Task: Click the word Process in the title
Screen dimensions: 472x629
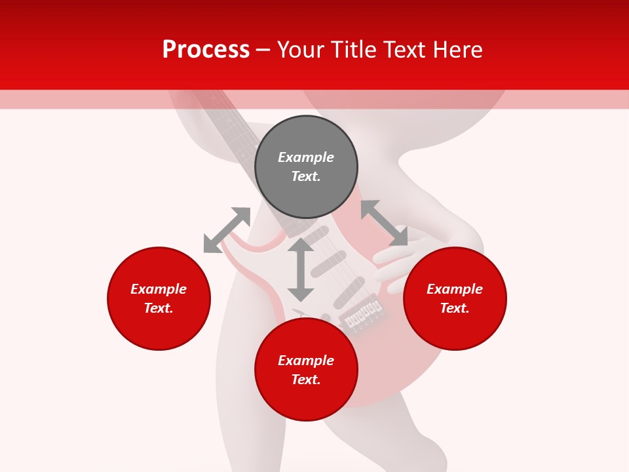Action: [206, 50]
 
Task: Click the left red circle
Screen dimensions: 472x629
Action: [159, 299]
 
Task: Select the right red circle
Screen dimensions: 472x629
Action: [455, 299]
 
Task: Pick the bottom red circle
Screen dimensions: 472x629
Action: [306, 370]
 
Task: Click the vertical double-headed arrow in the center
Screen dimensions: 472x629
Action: [301, 269]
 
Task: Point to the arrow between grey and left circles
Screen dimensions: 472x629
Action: [227, 230]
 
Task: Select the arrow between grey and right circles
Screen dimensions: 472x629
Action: [384, 223]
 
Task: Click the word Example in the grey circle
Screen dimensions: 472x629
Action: [306, 157]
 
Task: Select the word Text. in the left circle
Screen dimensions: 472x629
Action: [159, 308]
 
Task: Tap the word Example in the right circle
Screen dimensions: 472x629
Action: [455, 289]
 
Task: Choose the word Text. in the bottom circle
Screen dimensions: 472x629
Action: [306, 380]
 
